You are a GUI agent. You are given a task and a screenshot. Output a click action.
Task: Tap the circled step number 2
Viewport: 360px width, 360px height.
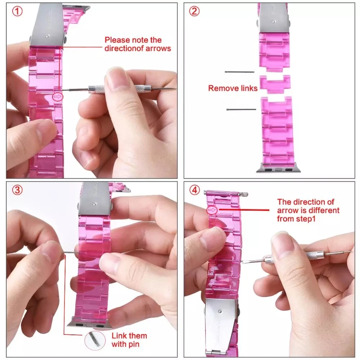194,12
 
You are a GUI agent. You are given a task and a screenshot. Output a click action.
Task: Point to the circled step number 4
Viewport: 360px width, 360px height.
194,190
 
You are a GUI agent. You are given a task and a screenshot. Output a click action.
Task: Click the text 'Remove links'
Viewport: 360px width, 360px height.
233,88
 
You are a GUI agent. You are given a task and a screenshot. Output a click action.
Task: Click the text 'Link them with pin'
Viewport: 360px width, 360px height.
129,339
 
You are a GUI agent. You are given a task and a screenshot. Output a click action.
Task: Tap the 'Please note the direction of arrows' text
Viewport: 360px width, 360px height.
138,44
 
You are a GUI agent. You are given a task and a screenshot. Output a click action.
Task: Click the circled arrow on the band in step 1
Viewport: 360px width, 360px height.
57,96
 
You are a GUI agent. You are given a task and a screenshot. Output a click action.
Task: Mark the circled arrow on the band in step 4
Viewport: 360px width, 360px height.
212,210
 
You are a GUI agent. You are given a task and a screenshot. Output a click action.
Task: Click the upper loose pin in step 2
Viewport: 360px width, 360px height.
239,72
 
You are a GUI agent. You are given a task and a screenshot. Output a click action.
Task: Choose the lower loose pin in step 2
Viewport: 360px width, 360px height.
241,109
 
